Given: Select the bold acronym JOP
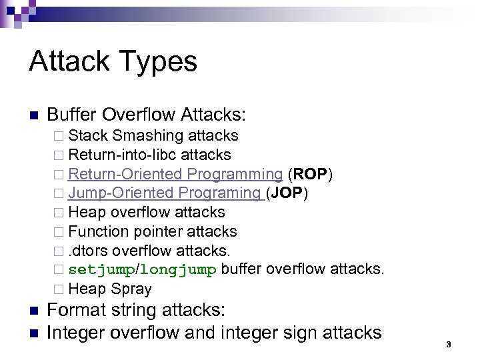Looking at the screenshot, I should pos(287,193).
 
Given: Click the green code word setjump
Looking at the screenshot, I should pos(101,270).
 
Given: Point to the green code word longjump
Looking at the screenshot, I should pos(178,270).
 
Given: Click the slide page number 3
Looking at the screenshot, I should pos(449,344).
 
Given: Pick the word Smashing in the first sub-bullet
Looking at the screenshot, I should pos(148,136).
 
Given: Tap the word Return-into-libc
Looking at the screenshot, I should pos(123,155).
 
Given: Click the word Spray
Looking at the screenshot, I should pos(131,289).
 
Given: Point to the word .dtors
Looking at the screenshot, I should pos(89,251).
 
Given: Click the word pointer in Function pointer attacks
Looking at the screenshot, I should pos(158,231).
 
